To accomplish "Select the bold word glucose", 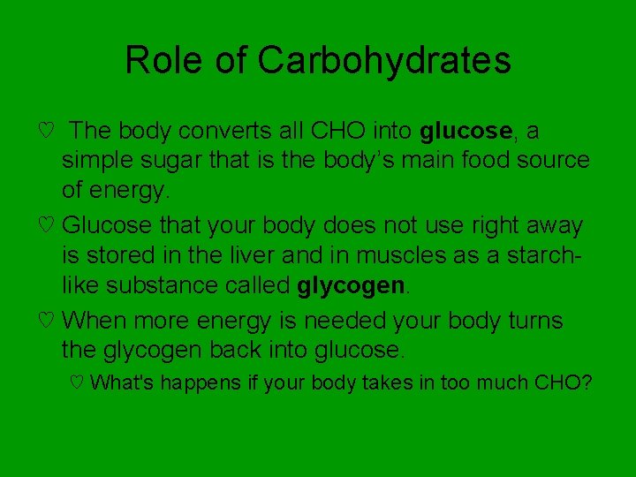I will (466, 132).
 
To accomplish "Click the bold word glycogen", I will (352, 285).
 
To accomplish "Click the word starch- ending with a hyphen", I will (549, 255).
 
